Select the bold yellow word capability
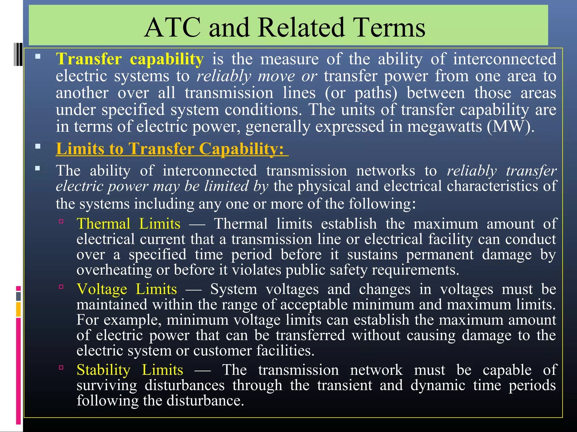[167, 59]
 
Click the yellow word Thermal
[103, 224]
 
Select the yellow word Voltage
[102, 289]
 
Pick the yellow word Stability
[103, 370]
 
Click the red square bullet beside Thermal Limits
[61, 222]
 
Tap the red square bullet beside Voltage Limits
[61, 287]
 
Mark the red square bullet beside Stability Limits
[61, 367]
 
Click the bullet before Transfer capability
[38, 57]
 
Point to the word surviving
[106, 385]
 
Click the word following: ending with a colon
[382, 204]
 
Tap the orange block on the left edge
[18, 309]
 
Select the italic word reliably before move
[224, 76]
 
